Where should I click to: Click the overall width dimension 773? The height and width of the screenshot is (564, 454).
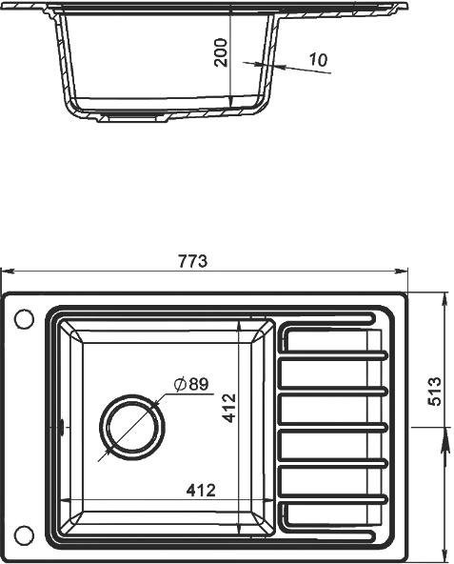(x=193, y=261)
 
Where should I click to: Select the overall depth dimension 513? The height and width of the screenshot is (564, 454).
(x=434, y=392)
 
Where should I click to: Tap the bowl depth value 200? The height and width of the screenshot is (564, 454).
(x=221, y=52)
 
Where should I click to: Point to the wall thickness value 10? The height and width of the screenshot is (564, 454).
(x=318, y=60)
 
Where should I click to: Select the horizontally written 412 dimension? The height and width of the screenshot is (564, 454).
(x=200, y=491)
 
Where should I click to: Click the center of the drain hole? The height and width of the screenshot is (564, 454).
(x=129, y=426)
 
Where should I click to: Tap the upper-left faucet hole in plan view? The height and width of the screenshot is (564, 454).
(x=24, y=318)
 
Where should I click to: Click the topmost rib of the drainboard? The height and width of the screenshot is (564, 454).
(x=333, y=317)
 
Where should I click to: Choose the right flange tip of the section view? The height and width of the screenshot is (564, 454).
(x=405, y=9)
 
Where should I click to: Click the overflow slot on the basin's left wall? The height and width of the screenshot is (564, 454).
(x=62, y=426)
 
